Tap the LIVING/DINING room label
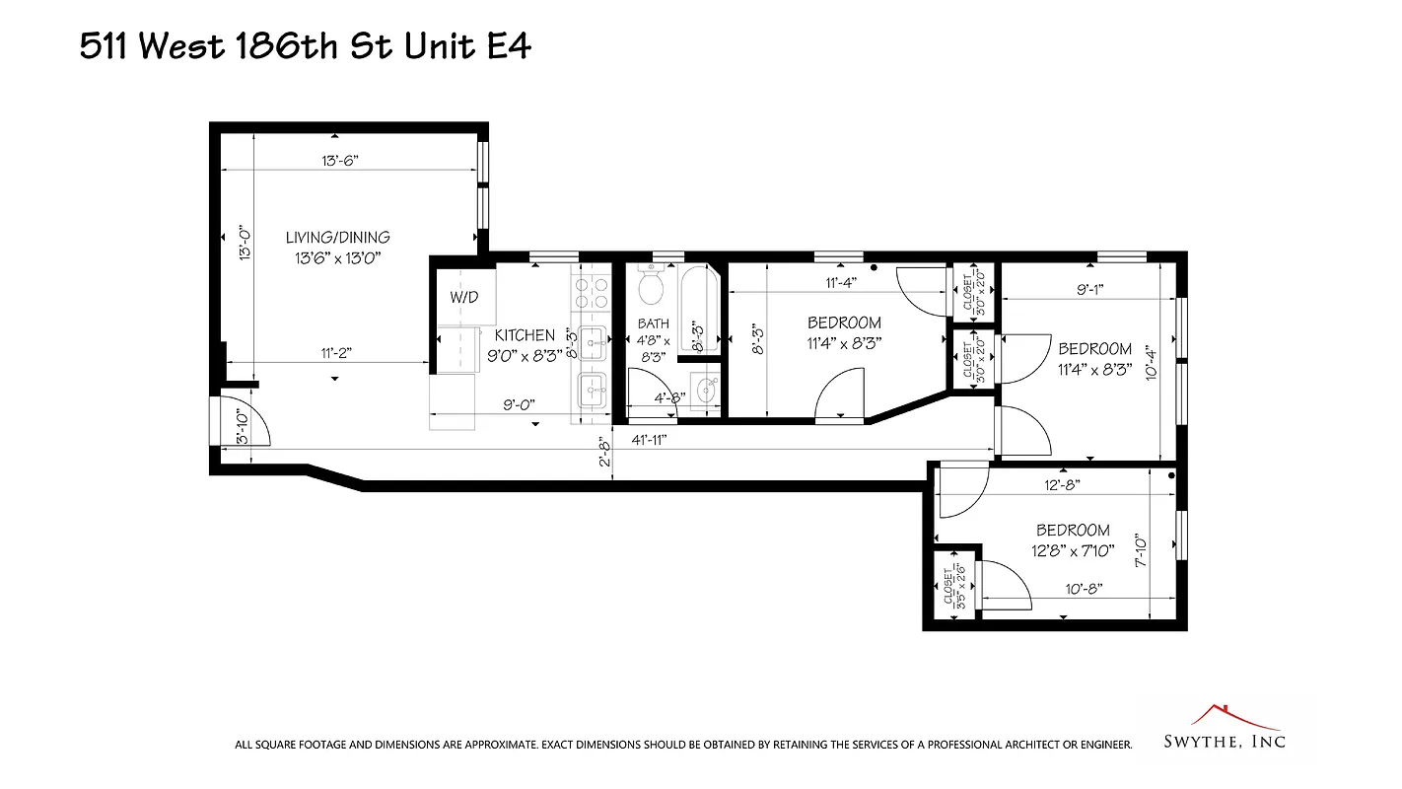pos(337,238)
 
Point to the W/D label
pos(464,296)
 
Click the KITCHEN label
pos(525,335)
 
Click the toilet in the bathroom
pos(651,285)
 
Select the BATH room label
pos(653,323)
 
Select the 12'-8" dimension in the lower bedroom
pos(1062,484)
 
